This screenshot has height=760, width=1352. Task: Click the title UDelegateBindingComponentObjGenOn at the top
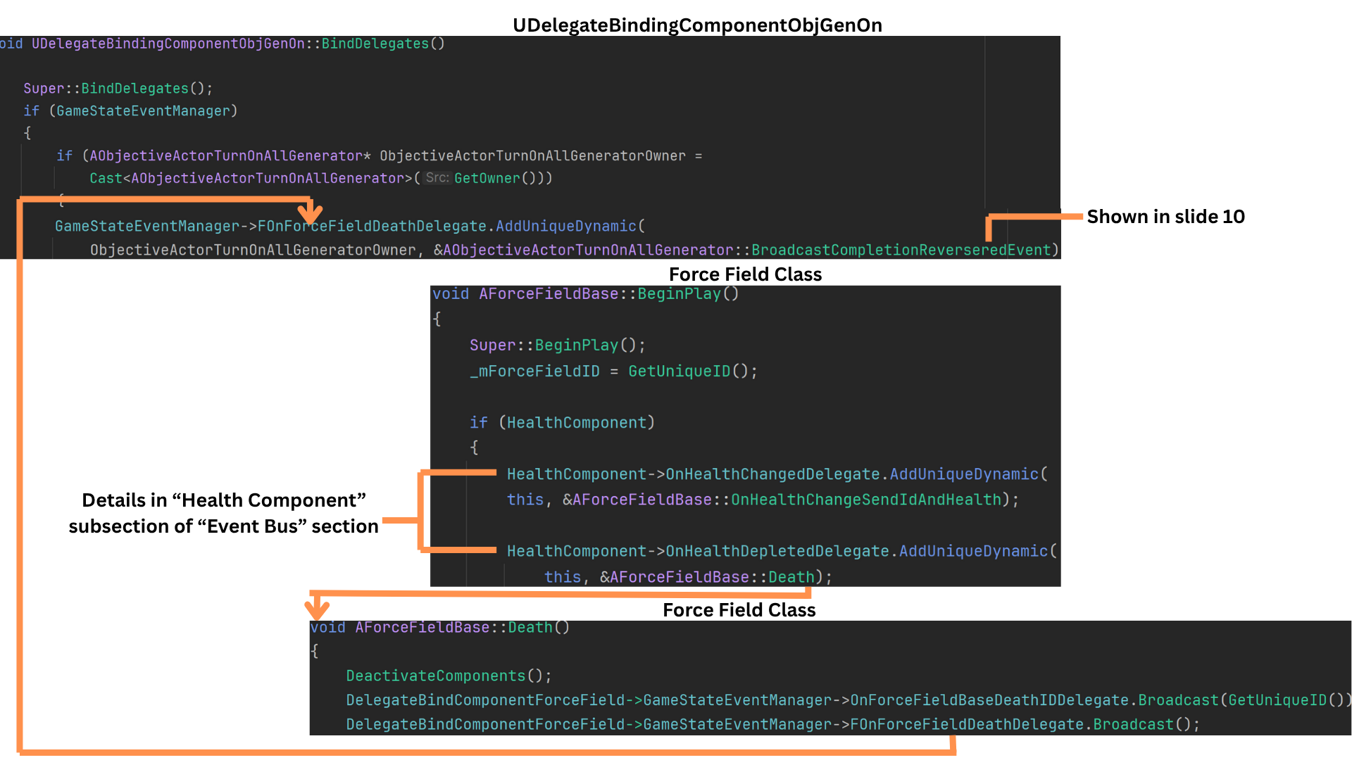tap(696, 25)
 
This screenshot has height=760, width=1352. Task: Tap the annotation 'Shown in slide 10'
tap(1165, 217)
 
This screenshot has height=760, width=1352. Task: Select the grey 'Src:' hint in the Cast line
tap(437, 178)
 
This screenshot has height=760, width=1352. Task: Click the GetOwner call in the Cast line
tap(487, 179)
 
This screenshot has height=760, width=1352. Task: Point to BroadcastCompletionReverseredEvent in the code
tap(901, 251)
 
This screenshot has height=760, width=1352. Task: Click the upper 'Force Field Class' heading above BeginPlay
tap(745, 274)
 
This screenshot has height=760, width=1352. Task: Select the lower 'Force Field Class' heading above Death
tap(739, 610)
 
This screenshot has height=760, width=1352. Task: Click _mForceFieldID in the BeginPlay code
tap(534, 372)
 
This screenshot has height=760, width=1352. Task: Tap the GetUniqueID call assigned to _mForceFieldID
tap(679, 372)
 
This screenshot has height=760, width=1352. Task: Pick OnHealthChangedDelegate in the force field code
tap(772, 475)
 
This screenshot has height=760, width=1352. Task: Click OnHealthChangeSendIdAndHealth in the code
tap(865, 500)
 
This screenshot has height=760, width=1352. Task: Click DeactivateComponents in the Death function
tap(435, 676)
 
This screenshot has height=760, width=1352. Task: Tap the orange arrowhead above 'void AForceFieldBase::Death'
tap(316, 609)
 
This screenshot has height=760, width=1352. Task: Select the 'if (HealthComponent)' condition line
tap(562, 423)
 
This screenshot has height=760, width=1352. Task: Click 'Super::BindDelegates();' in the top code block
tap(118, 89)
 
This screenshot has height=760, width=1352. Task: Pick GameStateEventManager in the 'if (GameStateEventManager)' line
tap(143, 111)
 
